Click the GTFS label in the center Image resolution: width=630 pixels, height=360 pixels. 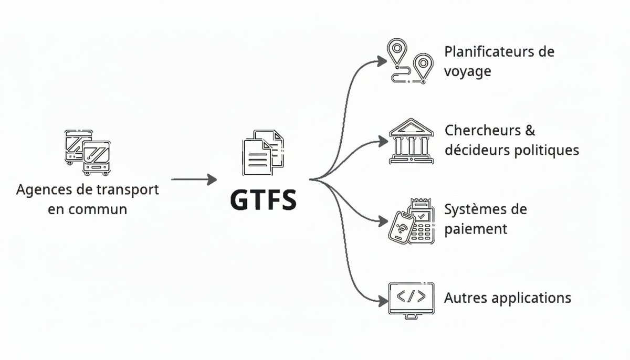tap(263, 200)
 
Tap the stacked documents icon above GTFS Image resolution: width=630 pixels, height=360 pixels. tap(263, 153)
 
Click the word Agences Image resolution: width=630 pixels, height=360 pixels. tap(41, 189)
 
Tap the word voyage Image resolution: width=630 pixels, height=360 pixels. tap(467, 71)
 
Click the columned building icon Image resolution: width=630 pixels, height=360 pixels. tap(411, 141)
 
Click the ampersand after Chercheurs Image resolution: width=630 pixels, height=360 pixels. tap(530, 130)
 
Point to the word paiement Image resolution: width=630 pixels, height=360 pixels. tap(476, 229)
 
